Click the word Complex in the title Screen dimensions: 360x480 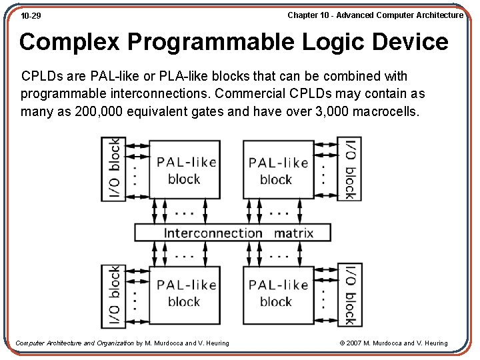69,42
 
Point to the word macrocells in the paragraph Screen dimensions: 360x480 386,111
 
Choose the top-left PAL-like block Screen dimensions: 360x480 185,170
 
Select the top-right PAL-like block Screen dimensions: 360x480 277,170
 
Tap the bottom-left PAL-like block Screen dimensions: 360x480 185,293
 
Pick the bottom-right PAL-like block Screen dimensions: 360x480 277,293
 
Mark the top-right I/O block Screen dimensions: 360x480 349,169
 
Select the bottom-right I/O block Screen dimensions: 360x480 349,294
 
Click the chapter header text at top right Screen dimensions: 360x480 375,15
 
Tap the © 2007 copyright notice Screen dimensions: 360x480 393,343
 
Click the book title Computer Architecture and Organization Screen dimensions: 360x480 74,343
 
